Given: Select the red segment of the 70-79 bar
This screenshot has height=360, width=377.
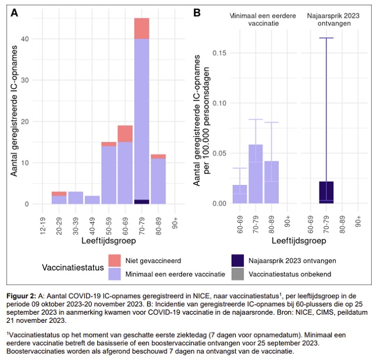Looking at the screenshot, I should [x=141, y=28].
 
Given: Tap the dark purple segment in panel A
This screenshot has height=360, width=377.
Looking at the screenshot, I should [x=141, y=202].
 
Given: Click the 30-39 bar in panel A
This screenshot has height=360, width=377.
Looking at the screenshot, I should [x=75, y=198].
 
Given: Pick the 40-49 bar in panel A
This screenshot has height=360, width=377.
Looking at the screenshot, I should [x=92, y=200].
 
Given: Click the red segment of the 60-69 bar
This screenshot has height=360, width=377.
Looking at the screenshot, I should [x=125, y=134].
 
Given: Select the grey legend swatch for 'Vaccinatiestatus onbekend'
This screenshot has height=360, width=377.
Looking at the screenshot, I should [x=239, y=273].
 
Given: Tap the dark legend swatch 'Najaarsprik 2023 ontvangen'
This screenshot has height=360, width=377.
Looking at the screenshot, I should [x=239, y=260].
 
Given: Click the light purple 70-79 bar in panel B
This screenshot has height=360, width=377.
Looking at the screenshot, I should [x=256, y=174].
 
